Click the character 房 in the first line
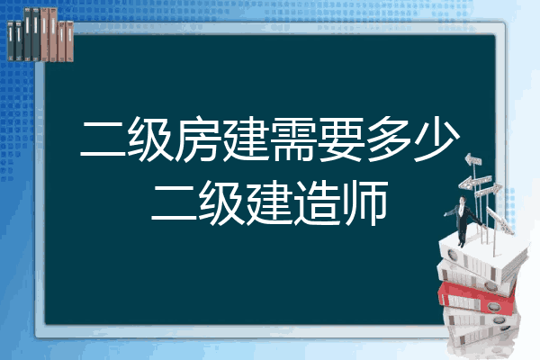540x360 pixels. tap(198, 139)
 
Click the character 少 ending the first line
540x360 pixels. tap(436, 139)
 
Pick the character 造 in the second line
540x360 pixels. tap(318, 203)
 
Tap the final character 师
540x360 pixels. tap(365, 203)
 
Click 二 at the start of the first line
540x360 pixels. tap(103, 139)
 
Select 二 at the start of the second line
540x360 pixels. tap(175, 203)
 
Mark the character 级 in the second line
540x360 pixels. tap(222, 203)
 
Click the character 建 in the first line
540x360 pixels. tap(246, 139)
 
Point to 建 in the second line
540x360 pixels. tap(270, 203)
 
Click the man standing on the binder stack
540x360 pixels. tap(463, 221)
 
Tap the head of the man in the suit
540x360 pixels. tap(463, 200)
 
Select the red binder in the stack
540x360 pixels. tap(476, 298)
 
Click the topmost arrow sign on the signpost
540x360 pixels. tap(473, 160)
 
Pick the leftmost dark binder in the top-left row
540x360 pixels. tap(11, 40)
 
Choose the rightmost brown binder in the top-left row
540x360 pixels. tap(69, 41)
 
